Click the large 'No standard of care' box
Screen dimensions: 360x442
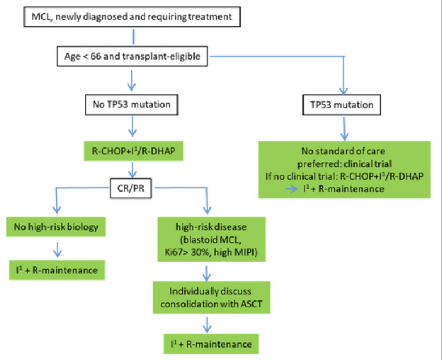[345, 170]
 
